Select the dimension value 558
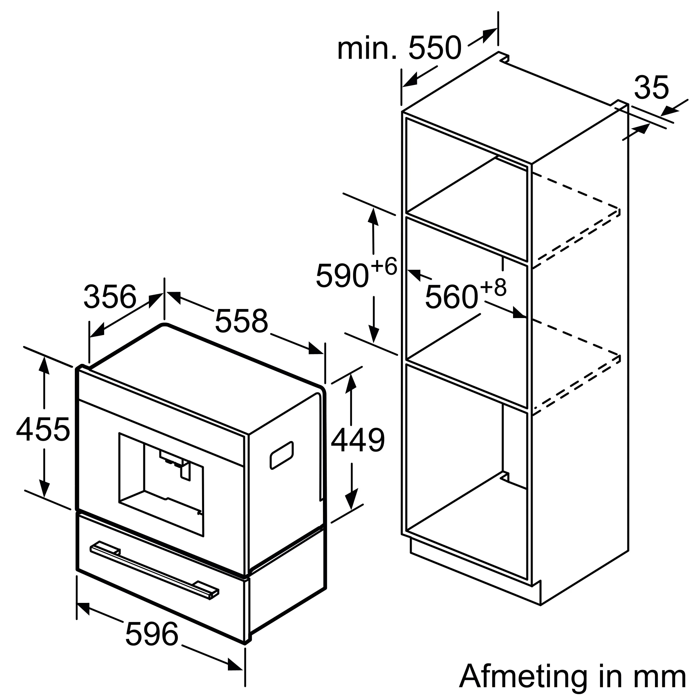(241, 321)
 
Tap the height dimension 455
(43, 430)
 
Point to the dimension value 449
(358, 440)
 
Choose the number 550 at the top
(435, 48)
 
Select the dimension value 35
(651, 88)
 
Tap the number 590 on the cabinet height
(342, 276)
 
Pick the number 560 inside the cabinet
(452, 297)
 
